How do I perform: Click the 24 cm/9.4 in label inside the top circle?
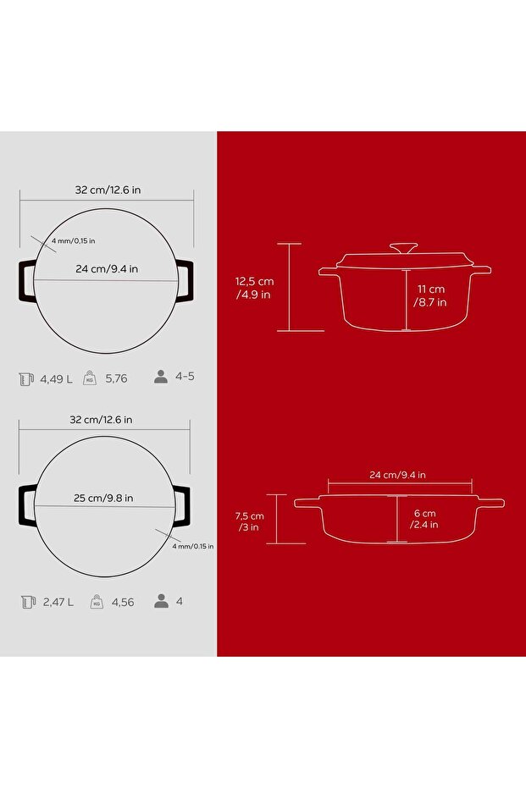pyautogui.click(x=107, y=269)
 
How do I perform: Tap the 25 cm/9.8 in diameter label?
pyautogui.click(x=103, y=498)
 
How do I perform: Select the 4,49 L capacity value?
pyautogui.click(x=56, y=379)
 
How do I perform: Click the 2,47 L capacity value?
pyautogui.click(x=58, y=602)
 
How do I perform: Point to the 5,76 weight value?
pyautogui.click(x=116, y=378)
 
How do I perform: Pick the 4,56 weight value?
pyautogui.click(x=123, y=602)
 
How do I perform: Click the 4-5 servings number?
pyautogui.click(x=185, y=377)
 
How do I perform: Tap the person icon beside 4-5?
pyautogui.click(x=161, y=377)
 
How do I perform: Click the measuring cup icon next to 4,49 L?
pyautogui.click(x=26, y=379)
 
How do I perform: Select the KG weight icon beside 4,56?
pyautogui.click(x=97, y=601)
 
